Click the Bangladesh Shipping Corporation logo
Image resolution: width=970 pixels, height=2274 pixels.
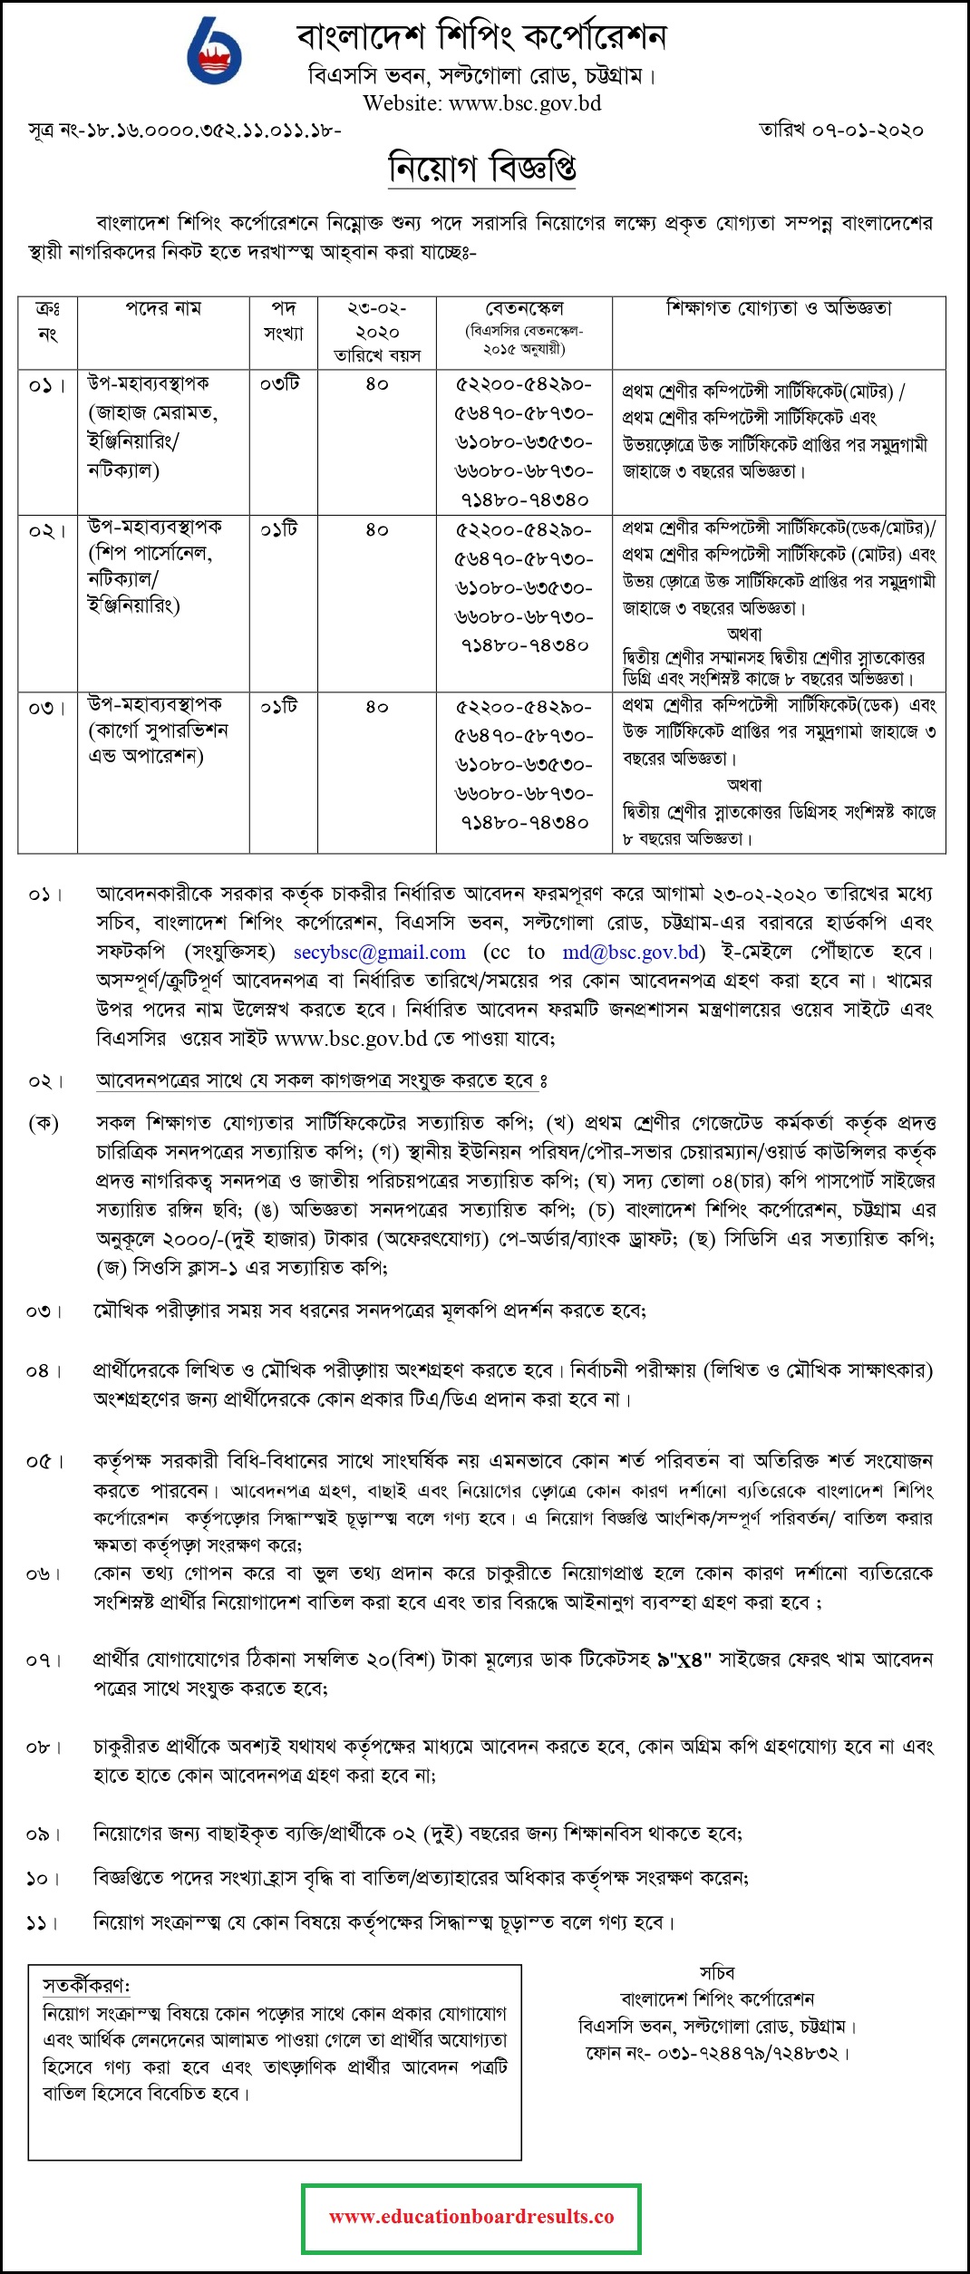pyautogui.click(x=213, y=53)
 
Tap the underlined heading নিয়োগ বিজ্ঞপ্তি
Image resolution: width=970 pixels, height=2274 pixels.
pyautogui.click(x=482, y=169)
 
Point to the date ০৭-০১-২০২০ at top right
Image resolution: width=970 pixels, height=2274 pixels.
pyautogui.click(x=868, y=131)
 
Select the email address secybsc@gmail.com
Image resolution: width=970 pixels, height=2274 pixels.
pyautogui.click(x=379, y=952)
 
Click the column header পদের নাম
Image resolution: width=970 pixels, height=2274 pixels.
pyautogui.click(x=163, y=308)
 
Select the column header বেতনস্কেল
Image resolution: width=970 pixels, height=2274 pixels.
pyautogui.click(x=524, y=308)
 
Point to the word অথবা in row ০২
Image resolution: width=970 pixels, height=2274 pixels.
pyautogui.click(x=744, y=634)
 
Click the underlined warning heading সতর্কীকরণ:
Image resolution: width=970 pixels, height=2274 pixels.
pyautogui.click(x=86, y=1986)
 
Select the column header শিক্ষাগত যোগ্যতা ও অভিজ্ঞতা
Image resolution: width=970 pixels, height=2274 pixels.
pyautogui.click(x=779, y=308)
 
